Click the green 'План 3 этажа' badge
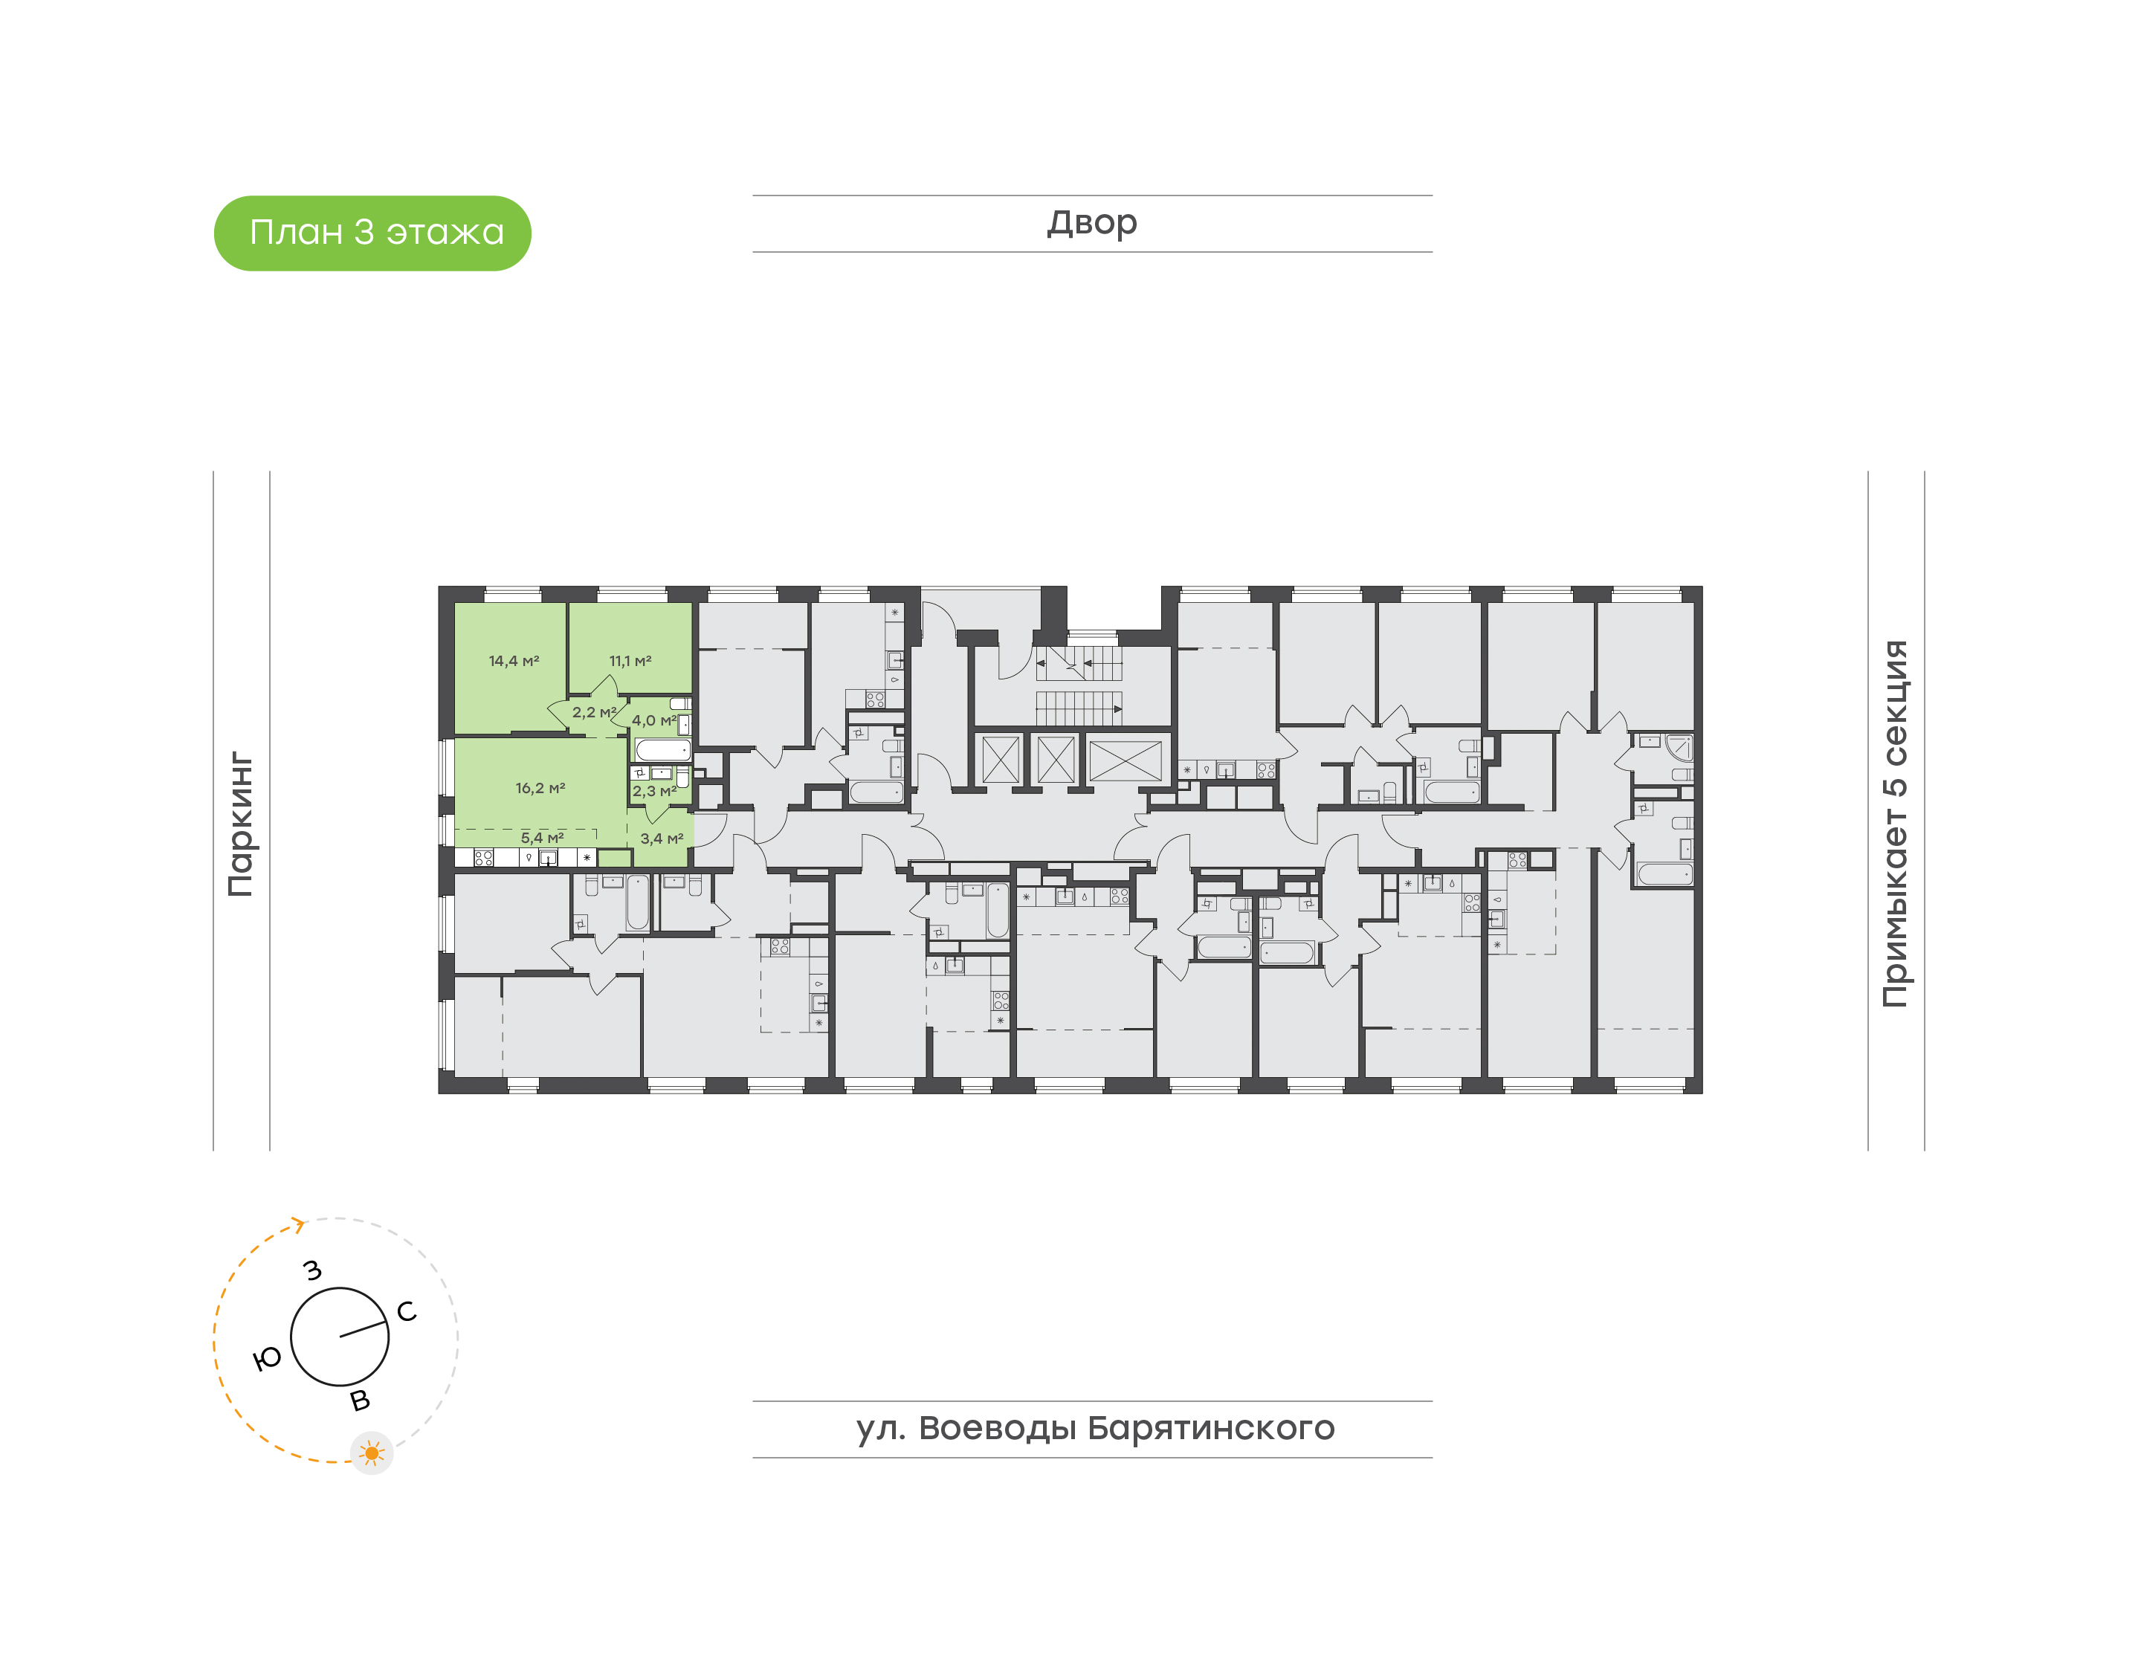372,233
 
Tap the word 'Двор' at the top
1091,223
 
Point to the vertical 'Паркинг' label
241,824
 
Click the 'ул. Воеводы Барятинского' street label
1094,1428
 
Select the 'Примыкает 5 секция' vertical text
1894,824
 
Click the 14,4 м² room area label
514,661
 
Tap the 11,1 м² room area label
630,661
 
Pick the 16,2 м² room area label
540,788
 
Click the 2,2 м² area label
594,712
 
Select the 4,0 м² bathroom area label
653,721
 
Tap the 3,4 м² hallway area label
661,839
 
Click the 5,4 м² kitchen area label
542,838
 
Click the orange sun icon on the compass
371,1453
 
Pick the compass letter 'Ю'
267,1360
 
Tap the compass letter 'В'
360,1400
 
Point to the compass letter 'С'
406,1311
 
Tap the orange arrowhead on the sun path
298,1224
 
